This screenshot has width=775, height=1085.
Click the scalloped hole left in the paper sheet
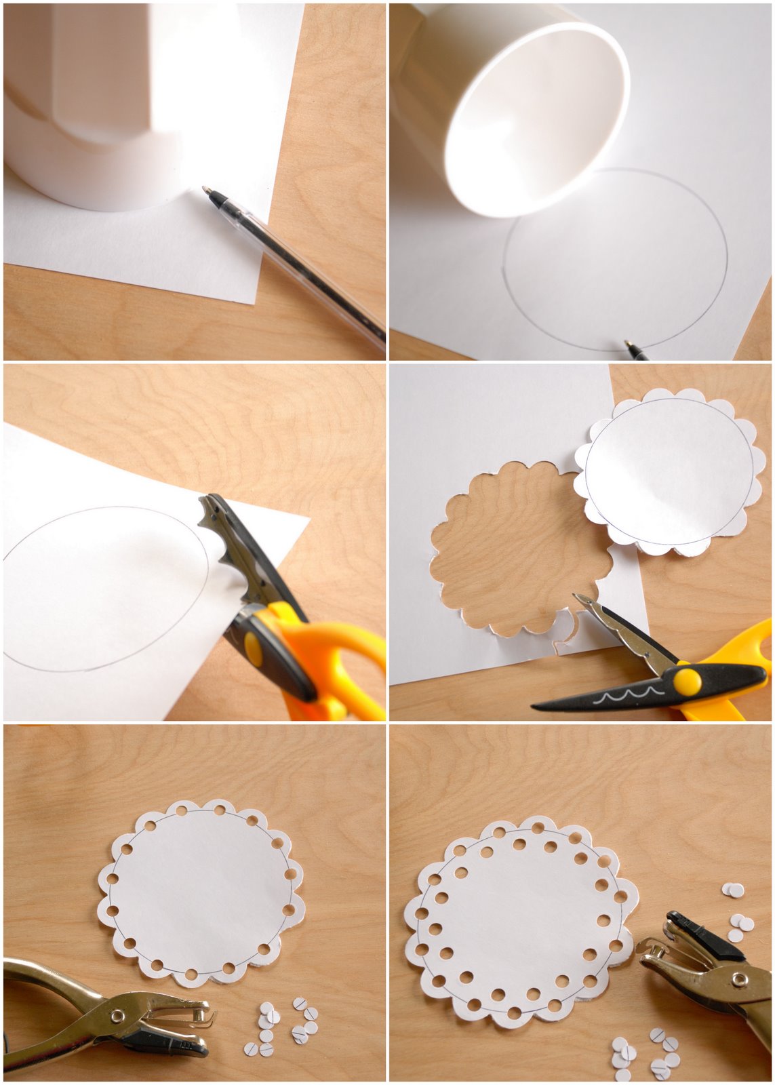tap(515, 549)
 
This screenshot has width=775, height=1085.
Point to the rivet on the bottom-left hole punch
tap(117, 1015)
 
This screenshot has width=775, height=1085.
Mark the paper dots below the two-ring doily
tap(644, 1054)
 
